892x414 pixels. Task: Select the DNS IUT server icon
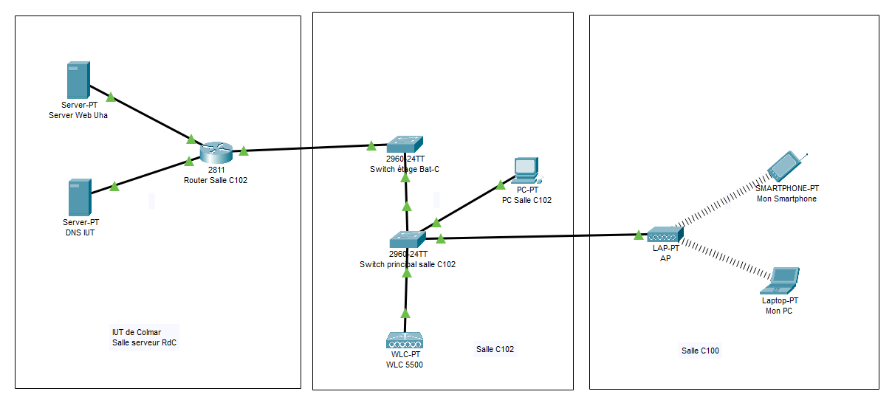point(79,197)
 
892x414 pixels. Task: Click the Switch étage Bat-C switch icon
point(405,144)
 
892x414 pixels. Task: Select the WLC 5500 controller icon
point(405,340)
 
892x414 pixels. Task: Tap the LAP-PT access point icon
point(665,235)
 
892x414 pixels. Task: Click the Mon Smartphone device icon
point(785,167)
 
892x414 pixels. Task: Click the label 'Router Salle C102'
point(216,179)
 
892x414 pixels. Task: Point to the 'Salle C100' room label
point(700,351)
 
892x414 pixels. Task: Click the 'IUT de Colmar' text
point(137,332)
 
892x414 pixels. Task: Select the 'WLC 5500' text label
point(405,365)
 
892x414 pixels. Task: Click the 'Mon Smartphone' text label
point(786,199)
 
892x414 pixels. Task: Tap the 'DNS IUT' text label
point(80,232)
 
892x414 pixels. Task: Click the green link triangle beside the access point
point(638,235)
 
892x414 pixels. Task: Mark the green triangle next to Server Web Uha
point(111,97)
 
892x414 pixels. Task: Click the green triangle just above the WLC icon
point(405,313)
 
